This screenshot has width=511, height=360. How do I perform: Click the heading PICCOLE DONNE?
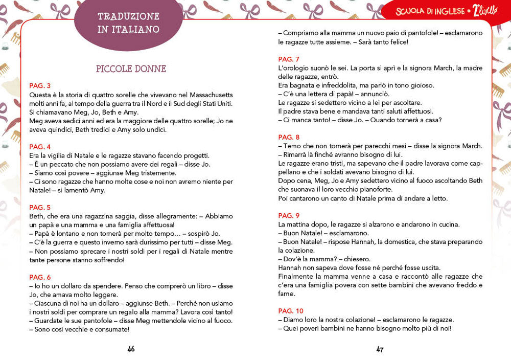pos(131,69)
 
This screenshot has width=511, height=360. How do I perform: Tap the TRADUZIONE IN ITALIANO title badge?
pos(128,23)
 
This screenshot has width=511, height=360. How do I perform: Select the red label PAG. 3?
pos(40,86)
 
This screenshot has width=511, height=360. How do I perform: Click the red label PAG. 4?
pos(40,147)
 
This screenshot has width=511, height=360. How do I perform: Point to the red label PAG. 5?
pos(40,207)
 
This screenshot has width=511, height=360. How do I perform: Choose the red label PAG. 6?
pos(40,277)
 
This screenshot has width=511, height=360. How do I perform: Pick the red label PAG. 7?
pos(289,59)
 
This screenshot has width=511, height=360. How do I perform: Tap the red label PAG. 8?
pos(289,137)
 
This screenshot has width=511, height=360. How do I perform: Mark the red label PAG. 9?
pos(289,215)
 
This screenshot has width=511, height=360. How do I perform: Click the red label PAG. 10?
pos(291,310)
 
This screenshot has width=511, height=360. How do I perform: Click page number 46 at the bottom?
pos(131,349)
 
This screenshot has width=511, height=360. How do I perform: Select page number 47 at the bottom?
pos(380,349)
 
